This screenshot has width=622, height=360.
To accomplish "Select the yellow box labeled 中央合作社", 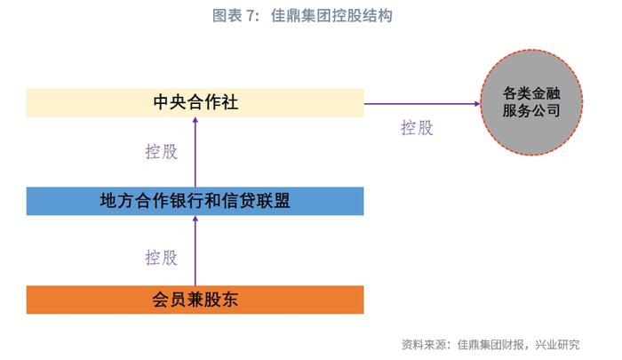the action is [x=195, y=102].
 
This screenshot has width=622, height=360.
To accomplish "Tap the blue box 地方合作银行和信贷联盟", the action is [x=195, y=201].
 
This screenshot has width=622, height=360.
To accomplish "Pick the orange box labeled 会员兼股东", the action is [x=195, y=300].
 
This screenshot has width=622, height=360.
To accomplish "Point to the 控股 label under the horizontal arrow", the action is [x=418, y=127].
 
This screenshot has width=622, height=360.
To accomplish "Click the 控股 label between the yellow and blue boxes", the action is [x=162, y=151].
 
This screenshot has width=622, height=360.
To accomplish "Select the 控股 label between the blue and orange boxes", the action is [x=162, y=258].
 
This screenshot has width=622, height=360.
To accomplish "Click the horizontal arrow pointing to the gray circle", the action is [x=418, y=103].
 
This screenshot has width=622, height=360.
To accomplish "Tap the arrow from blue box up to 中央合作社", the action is [x=195, y=156].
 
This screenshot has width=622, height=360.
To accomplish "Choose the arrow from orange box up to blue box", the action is [x=195, y=253].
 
